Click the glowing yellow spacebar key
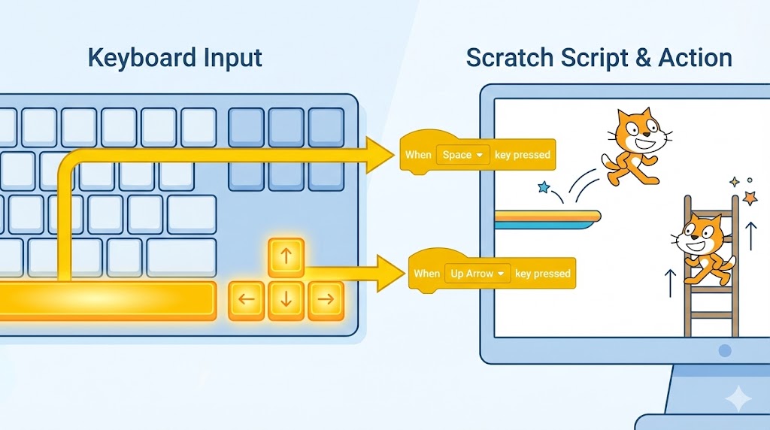coord(105,301)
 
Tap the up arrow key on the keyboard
coord(286,257)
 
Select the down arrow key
coord(286,300)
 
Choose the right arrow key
coord(325,300)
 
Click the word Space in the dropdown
coord(457,155)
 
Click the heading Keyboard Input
coord(175,58)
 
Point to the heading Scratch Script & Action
coord(599,58)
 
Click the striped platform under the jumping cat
coord(547,217)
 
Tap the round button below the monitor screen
coord(724,350)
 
